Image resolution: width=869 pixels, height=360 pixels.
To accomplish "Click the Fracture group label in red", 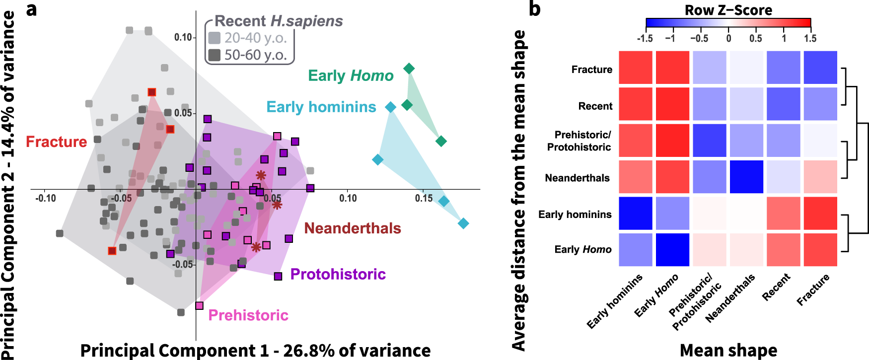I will pos(56,142).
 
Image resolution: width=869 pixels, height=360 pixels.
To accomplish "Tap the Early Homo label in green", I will pos(351,75).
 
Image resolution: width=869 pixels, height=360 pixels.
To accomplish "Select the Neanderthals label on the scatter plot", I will pos(352,228).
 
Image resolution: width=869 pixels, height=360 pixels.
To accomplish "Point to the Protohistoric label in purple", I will pos(338,274).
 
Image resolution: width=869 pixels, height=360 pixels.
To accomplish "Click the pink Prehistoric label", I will pos(248,315).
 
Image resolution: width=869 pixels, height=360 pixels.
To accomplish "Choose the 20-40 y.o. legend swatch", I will pos(215,38).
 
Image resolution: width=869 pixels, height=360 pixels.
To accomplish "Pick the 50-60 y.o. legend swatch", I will pos(215,55).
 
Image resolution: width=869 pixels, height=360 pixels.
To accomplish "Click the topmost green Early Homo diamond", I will pos(409,69).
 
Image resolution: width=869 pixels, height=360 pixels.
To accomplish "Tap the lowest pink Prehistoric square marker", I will pos(199,305).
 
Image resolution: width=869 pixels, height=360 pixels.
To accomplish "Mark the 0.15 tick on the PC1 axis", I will pos(424,198).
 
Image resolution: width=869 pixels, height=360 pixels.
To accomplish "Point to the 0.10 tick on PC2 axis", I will pos(183,38).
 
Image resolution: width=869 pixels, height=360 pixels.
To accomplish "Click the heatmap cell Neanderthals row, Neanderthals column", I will pos(746,177).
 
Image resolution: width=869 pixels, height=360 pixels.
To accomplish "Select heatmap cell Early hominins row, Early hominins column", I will pos(636,214).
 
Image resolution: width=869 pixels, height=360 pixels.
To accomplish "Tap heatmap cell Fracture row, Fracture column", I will pos(820,68).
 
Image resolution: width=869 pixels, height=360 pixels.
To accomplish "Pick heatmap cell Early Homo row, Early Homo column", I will pos(673,250).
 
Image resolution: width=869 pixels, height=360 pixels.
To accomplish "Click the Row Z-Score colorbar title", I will pos(728,10).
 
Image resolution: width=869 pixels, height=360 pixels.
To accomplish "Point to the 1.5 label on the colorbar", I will pos(810,39).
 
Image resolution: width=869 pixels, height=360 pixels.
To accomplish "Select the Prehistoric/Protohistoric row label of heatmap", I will pos(580,141).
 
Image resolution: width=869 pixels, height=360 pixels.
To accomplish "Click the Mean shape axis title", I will pos(728,350).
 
